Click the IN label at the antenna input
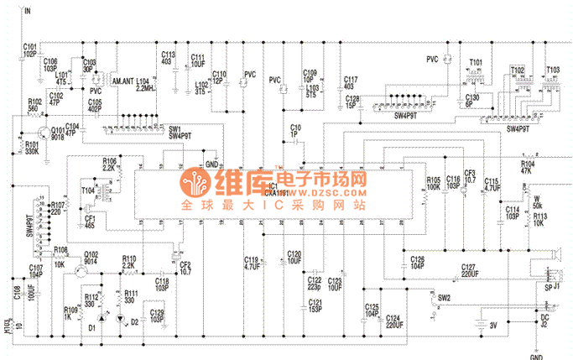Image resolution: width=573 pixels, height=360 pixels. pyautogui.click(x=29, y=11)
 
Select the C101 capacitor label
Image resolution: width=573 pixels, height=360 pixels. pyautogui.click(x=29, y=50)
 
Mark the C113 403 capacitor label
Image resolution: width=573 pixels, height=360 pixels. pyautogui.click(x=168, y=58)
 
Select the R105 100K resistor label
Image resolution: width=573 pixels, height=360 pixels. pyautogui.click(x=434, y=183)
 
